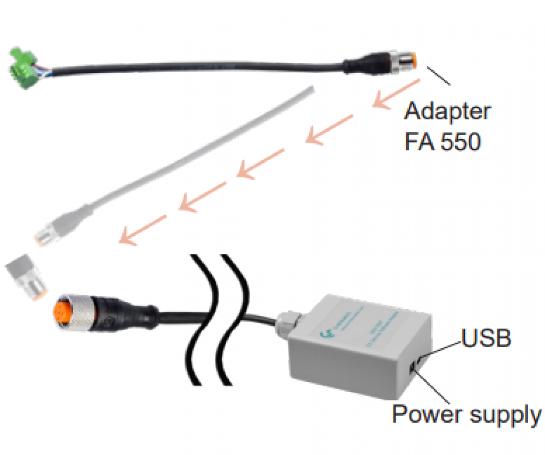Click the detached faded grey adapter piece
pos(27,275)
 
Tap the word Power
pos(425,415)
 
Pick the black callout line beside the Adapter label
pos(439,77)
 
